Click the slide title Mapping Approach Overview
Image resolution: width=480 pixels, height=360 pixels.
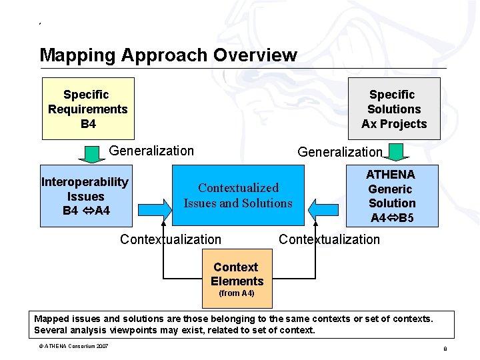[x=168, y=55]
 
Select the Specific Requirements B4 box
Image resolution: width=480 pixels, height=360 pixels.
[x=88, y=109]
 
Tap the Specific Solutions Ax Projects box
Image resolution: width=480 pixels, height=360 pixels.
[x=394, y=109]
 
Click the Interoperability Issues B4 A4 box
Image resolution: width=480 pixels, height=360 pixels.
[x=85, y=196]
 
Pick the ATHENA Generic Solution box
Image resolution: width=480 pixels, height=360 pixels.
[x=391, y=195]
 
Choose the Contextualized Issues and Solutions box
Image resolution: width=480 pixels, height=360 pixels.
[x=237, y=195]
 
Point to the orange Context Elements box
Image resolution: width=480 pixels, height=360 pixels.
[x=237, y=274]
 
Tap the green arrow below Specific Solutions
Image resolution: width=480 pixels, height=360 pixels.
[x=399, y=155]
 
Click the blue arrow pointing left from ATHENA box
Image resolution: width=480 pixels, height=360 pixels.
[x=325, y=209]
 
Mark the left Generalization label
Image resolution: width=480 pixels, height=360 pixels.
[x=151, y=151]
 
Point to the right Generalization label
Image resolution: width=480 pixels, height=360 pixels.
[x=340, y=152]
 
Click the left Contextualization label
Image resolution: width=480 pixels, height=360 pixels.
[x=171, y=239]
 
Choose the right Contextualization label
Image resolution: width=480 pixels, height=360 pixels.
[x=329, y=239]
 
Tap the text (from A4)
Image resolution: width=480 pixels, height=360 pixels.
[x=237, y=293]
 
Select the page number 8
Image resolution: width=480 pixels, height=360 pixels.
[x=445, y=349]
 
